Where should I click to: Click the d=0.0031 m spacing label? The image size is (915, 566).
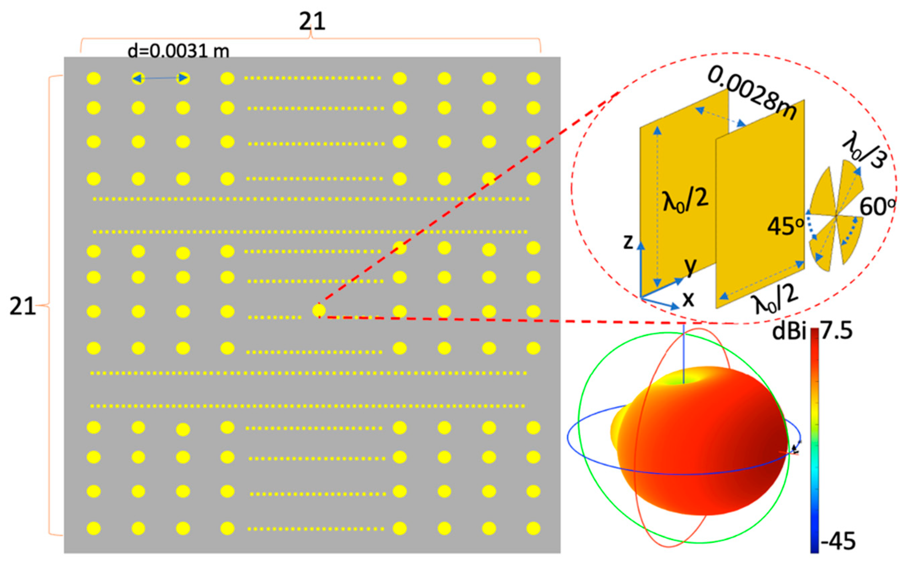click(178, 51)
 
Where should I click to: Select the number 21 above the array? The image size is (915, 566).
click(312, 22)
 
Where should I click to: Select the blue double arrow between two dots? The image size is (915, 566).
click(160, 78)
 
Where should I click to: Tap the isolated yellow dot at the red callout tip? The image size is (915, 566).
click(319, 310)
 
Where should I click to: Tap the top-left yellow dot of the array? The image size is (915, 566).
click(94, 79)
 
